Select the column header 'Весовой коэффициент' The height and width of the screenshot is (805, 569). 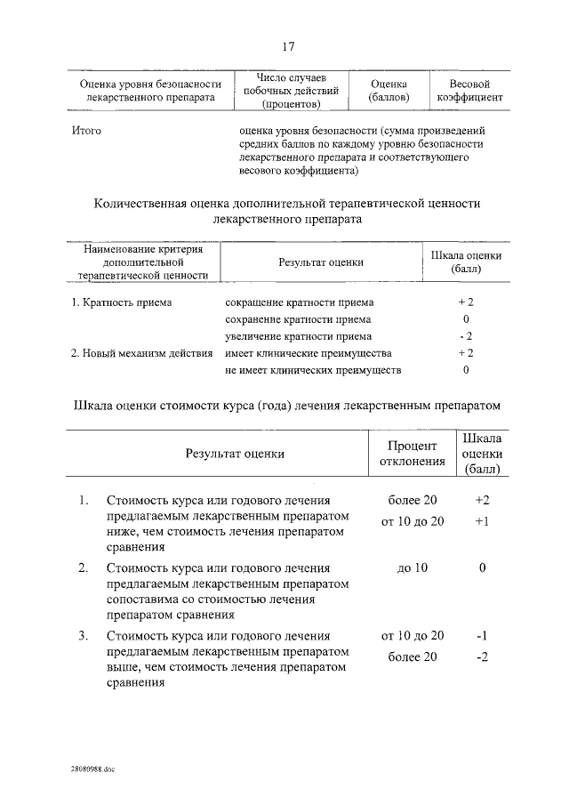pyautogui.click(x=470, y=89)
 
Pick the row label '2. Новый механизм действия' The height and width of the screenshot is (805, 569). pyautogui.click(x=141, y=353)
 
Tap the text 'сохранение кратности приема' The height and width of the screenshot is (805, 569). pyautogui.click(x=299, y=319)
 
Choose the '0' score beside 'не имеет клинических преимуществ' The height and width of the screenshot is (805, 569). pyautogui.click(x=466, y=369)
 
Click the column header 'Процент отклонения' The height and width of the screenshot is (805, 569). pyautogui.click(x=413, y=453)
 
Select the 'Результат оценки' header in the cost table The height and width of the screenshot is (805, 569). pyautogui.click(x=235, y=453)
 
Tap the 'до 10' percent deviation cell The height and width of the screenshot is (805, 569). pyautogui.click(x=413, y=568)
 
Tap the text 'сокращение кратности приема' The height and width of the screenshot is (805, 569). pyautogui.click(x=300, y=302)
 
